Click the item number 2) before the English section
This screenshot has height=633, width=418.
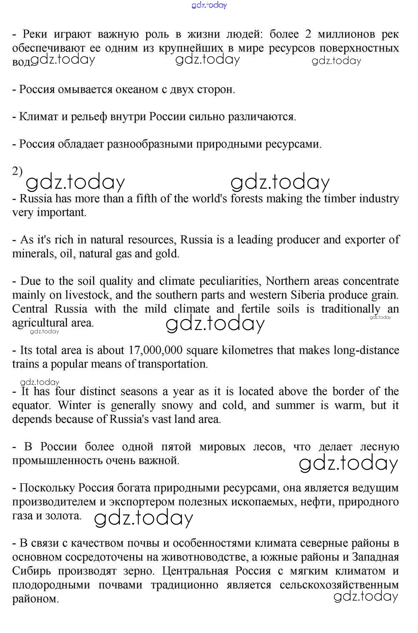(17, 171)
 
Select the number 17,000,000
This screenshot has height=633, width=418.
(156, 350)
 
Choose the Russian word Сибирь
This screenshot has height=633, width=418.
(32, 571)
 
